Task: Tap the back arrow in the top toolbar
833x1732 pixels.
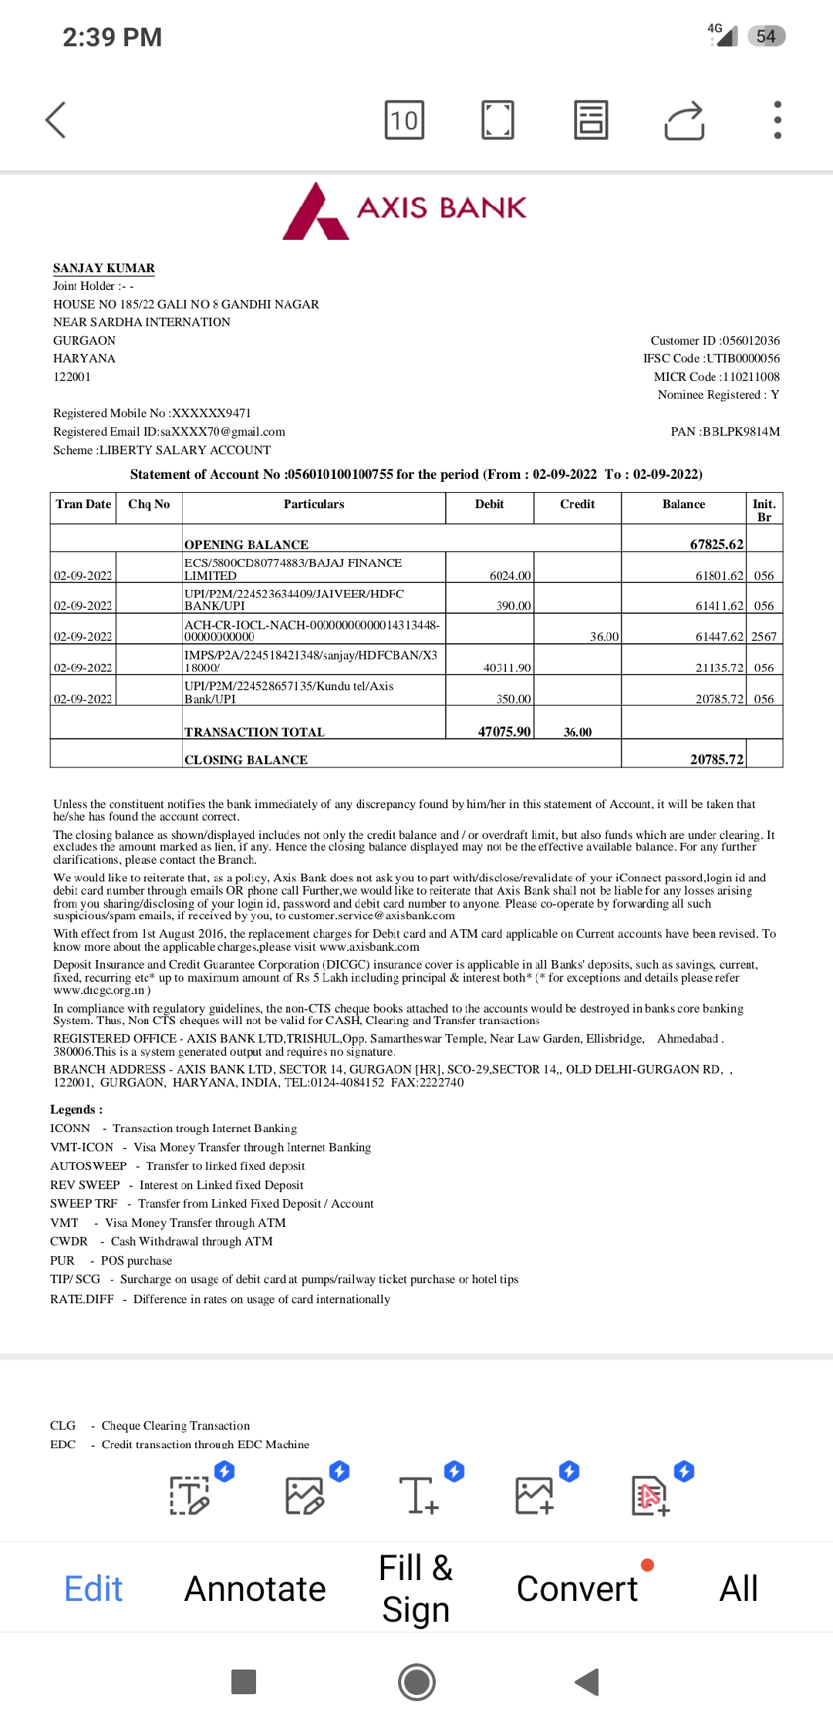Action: click(x=56, y=120)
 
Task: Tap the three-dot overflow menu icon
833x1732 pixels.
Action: click(x=777, y=120)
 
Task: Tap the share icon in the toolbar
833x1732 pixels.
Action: click(x=684, y=120)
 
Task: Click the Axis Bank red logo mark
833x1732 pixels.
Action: click(x=315, y=211)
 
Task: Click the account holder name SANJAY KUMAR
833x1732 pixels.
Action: click(x=104, y=268)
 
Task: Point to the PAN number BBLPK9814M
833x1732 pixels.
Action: click(x=741, y=432)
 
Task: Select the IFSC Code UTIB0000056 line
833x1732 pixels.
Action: click(x=711, y=359)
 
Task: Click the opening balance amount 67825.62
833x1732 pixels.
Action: click(x=717, y=544)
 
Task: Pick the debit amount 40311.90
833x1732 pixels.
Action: click(x=507, y=668)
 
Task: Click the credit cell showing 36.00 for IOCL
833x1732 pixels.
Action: click(x=604, y=637)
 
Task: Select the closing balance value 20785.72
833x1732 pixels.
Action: click(x=717, y=760)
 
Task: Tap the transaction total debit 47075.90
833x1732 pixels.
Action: click(x=504, y=732)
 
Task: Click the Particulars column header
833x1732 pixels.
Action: click(x=314, y=504)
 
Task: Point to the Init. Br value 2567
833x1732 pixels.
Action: click(x=764, y=637)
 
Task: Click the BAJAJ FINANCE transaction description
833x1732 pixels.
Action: click(x=293, y=569)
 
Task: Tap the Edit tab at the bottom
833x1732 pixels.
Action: click(x=93, y=1589)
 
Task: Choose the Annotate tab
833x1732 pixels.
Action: click(x=255, y=1589)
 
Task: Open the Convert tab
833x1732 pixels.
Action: click(x=577, y=1589)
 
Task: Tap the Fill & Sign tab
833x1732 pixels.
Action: click(x=416, y=1589)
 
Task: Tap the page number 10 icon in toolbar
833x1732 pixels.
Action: click(x=404, y=120)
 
